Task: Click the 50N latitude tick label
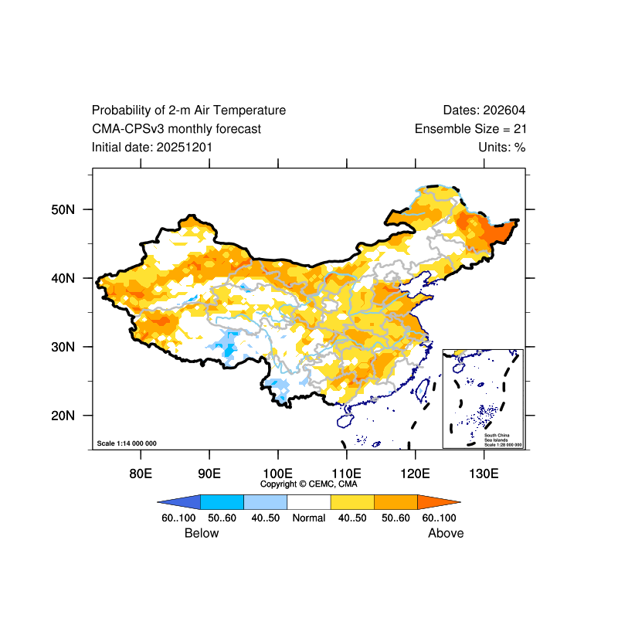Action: click(x=62, y=209)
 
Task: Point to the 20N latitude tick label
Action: click(x=62, y=416)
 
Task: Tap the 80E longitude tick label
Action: click(x=140, y=473)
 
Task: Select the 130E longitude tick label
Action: click(x=484, y=473)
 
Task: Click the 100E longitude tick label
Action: click(x=277, y=473)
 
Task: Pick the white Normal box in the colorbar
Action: click(x=308, y=501)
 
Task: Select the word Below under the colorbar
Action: click(x=202, y=533)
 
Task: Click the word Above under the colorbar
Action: click(x=446, y=533)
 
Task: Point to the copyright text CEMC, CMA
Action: click(x=309, y=484)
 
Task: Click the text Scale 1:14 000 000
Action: click(x=127, y=443)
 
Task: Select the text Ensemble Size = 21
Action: click(x=470, y=129)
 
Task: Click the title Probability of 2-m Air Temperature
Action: click(x=188, y=110)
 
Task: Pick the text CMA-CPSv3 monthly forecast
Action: click(x=176, y=129)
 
